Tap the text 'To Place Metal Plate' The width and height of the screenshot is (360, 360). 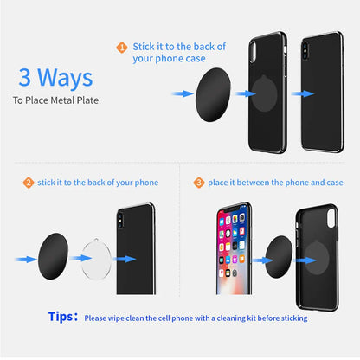pos(55,100)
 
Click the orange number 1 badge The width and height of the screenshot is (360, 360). pos(122,48)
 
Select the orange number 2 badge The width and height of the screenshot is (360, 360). pos(28,183)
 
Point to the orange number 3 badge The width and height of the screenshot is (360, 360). pos(198,183)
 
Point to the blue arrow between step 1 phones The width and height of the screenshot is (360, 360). pos(299,93)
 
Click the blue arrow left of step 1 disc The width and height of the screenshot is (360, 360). pos(182,93)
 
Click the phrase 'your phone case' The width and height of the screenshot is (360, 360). pos(169,60)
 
